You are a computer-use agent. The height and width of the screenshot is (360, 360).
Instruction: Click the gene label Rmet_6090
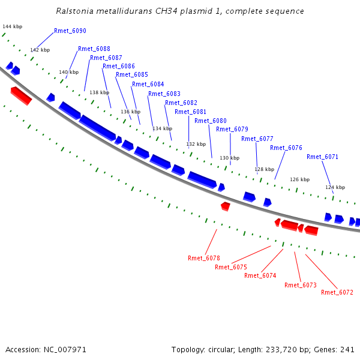70,31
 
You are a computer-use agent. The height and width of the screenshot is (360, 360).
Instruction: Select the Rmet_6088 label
94,49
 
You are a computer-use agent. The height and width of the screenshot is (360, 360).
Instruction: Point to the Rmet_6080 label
211,121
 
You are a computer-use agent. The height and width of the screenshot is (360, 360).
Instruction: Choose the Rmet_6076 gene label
286,148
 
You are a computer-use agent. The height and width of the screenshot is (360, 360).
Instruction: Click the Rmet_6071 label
323,157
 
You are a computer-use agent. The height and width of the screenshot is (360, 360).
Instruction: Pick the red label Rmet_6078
204,258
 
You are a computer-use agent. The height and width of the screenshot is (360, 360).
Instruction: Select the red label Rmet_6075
231,267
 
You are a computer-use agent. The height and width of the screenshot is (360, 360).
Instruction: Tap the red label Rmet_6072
337,292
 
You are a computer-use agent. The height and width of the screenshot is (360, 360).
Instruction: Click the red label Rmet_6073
301,285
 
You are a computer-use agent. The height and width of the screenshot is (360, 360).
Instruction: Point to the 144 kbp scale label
12,27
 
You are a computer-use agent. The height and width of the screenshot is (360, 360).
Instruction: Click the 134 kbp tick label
162,128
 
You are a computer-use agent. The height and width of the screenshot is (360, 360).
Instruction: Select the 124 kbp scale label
335,187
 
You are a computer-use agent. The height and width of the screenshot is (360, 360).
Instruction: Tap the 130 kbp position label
229,158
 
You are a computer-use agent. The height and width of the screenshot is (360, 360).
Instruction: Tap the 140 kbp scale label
68,72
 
